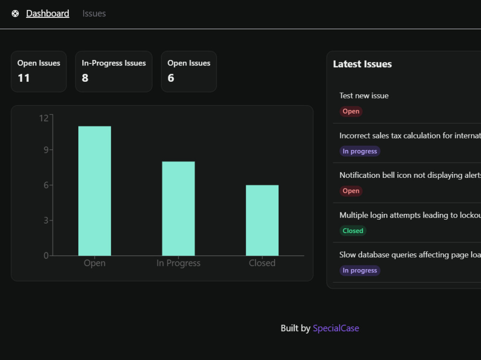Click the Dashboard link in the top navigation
tap(48, 13)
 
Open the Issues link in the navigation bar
tap(94, 13)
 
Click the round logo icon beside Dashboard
tap(15, 13)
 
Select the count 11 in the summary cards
tap(24, 78)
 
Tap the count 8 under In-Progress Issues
tap(85, 78)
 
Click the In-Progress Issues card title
tap(114, 63)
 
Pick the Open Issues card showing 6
tap(189, 71)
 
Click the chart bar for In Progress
tap(178, 209)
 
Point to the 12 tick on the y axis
tap(44, 118)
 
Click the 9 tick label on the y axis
tap(46, 150)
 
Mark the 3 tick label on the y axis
tap(46, 221)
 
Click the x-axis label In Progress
tap(178, 263)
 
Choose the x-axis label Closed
tap(262, 263)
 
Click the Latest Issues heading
tap(362, 64)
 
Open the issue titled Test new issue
tap(364, 96)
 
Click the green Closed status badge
tap(353, 231)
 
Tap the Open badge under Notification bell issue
tap(351, 191)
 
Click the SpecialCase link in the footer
tap(336, 328)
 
